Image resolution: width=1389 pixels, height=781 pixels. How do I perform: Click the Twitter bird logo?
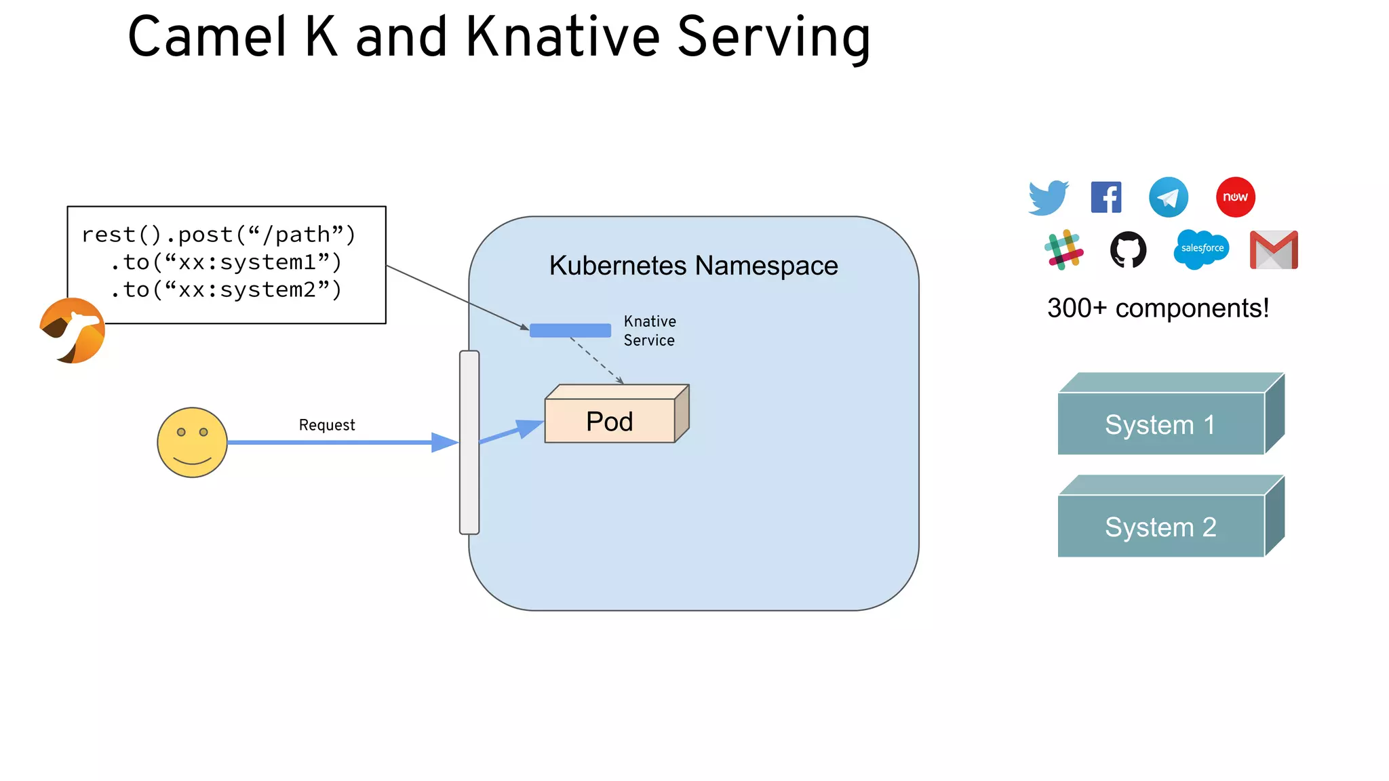[1048, 197]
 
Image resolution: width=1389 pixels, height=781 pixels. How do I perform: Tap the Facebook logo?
[1106, 197]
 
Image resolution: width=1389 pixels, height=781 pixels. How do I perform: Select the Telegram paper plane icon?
[1168, 197]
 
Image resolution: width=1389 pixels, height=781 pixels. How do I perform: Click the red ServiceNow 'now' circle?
[1235, 197]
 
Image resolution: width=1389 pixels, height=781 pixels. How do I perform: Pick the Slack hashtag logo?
[1063, 249]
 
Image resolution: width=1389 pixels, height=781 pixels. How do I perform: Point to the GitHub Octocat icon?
[1128, 249]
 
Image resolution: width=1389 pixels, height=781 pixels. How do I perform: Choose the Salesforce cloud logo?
[1202, 249]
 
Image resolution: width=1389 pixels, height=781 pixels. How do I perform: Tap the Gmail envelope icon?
[1274, 250]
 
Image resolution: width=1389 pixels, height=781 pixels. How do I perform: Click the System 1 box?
[1161, 424]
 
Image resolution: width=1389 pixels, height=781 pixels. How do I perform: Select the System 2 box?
[1161, 527]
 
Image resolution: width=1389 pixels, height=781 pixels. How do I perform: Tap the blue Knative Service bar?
[570, 331]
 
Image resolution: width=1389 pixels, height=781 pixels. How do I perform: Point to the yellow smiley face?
[192, 443]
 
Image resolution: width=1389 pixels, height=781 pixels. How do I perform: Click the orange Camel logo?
[73, 331]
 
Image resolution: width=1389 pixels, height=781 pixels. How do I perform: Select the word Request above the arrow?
[327, 425]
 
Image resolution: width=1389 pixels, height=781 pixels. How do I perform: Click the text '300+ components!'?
[1158, 308]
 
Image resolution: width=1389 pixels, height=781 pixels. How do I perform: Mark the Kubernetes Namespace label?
[693, 266]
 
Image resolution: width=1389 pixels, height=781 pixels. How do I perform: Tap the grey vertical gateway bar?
[469, 442]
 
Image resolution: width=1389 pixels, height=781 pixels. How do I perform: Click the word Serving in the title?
[774, 37]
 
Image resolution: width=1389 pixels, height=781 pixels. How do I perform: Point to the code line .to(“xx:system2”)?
[226, 290]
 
